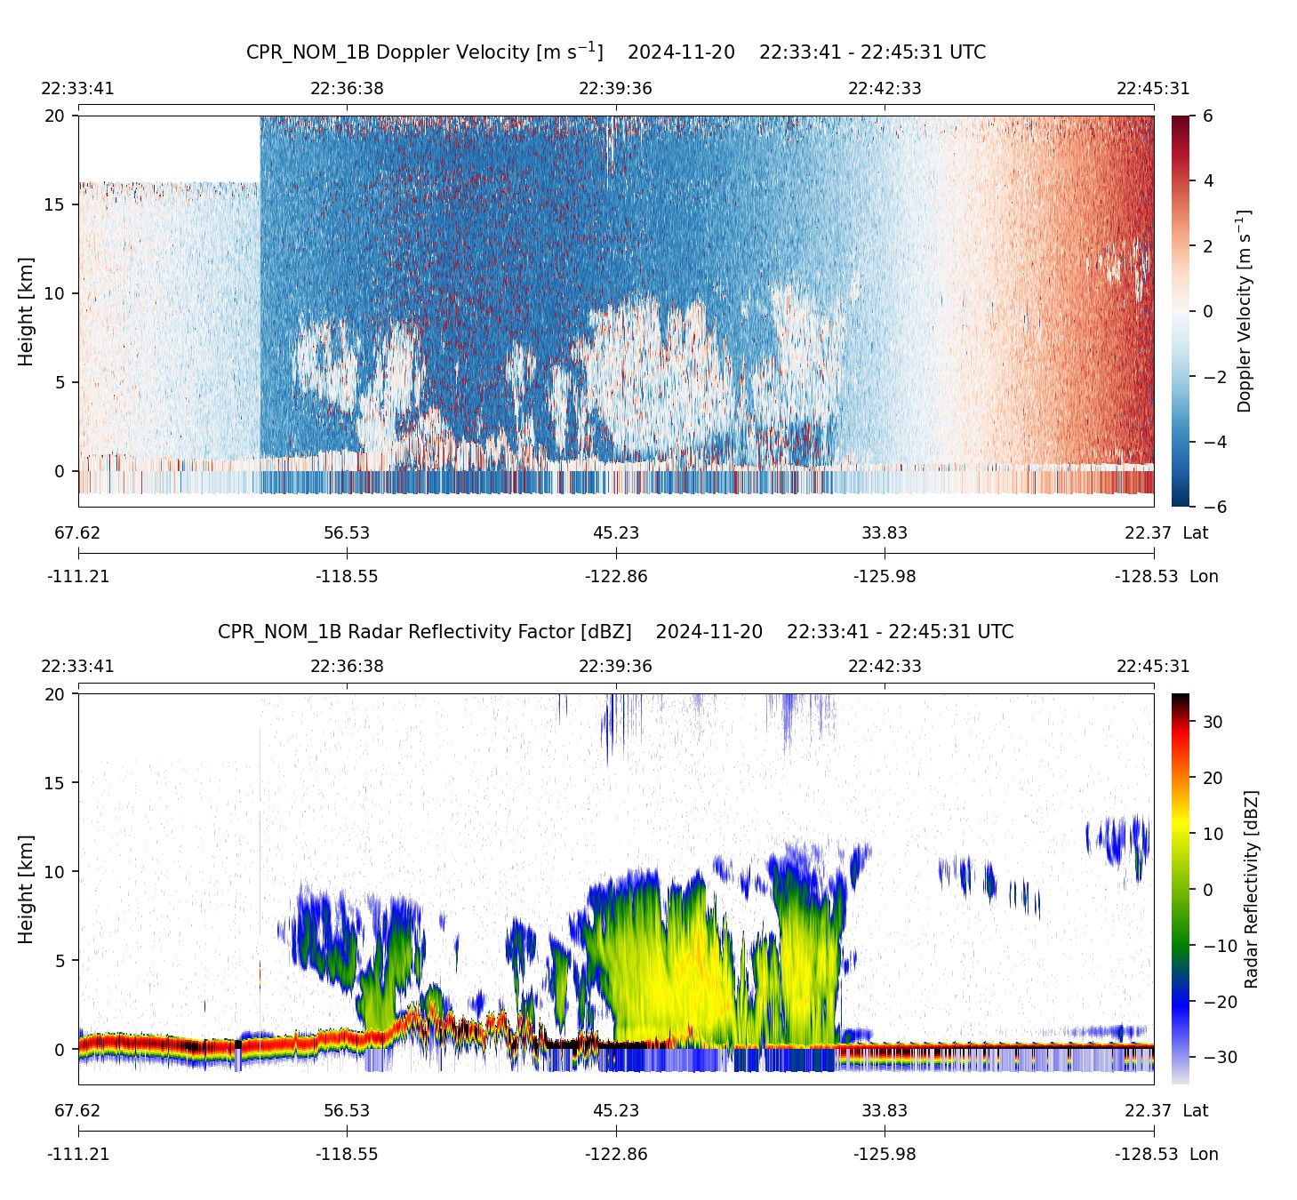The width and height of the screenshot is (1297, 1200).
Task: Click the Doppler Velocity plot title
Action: click(x=615, y=52)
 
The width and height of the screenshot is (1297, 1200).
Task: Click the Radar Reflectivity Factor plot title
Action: click(x=615, y=632)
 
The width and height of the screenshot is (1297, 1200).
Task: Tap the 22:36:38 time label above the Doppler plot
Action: click(x=347, y=89)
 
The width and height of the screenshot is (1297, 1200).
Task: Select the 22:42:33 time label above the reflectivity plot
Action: click(x=885, y=667)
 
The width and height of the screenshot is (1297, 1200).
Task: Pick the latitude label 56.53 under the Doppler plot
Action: click(x=347, y=533)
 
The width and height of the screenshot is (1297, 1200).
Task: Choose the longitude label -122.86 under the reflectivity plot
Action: click(x=616, y=1155)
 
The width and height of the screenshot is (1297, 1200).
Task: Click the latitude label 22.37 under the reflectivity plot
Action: click(x=1148, y=1111)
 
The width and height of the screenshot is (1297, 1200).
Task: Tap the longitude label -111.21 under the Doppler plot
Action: click(x=78, y=577)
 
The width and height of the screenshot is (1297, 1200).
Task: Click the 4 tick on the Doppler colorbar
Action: click(x=1208, y=181)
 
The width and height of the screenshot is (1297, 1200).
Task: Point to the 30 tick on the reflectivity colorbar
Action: click(x=1213, y=723)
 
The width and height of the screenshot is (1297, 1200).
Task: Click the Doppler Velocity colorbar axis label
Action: click(x=1245, y=311)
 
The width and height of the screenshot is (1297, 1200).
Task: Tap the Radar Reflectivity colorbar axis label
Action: click(x=1252, y=889)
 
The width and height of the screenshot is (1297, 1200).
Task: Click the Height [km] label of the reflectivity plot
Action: click(x=26, y=889)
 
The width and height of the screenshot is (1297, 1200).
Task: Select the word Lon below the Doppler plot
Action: click(x=1204, y=577)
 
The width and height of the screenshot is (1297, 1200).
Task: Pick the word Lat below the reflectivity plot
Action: click(x=1196, y=1111)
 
